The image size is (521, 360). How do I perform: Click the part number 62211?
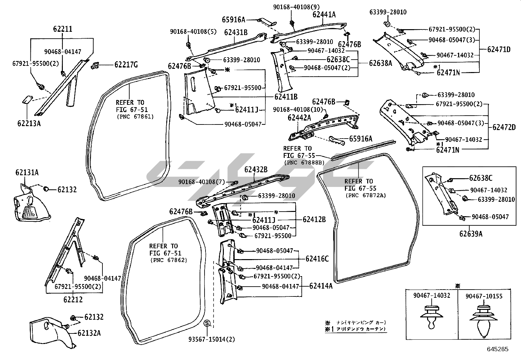pos(63,29)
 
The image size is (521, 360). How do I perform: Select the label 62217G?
pos(126,65)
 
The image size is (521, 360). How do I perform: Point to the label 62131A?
pos(27,172)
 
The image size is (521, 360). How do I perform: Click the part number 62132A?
pos(89,333)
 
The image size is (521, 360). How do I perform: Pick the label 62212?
pos(73,299)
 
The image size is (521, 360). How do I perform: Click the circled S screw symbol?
pos(207,324)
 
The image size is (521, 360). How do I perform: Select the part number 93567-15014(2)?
pos(212,339)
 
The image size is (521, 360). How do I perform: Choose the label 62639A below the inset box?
pos(470,234)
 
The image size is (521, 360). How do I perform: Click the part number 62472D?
pos(504,127)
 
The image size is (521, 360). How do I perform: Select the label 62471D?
pos(499,49)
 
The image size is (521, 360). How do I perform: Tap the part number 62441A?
pos(324,14)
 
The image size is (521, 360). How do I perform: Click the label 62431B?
pos(236,32)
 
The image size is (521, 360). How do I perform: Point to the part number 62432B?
pos(256,170)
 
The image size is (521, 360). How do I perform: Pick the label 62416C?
pos(317,259)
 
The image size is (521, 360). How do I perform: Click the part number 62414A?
pos(321,286)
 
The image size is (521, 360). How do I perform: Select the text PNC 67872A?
pos(366,195)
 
